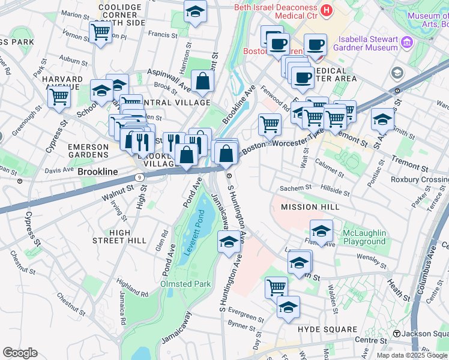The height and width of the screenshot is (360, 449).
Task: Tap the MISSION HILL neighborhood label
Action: (310, 207)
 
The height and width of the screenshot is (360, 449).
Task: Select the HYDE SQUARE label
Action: (327, 329)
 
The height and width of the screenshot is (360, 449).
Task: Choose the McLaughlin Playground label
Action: (364, 237)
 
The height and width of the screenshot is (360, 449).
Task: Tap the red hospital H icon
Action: (327, 10)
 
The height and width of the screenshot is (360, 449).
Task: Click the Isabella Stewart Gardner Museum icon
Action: (408, 43)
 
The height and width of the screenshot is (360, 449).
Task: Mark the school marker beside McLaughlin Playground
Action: (321, 231)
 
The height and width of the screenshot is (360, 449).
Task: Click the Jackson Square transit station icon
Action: (397, 334)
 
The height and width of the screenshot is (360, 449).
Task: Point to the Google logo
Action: (20, 353)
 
